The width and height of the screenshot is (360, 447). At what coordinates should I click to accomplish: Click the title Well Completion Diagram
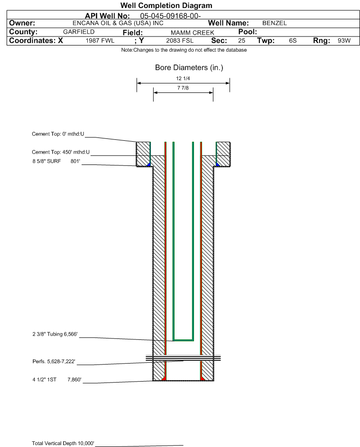166,5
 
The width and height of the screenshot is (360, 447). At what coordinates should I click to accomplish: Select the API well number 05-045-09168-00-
171,16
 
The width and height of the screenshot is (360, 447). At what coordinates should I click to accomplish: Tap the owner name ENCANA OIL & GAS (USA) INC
118,23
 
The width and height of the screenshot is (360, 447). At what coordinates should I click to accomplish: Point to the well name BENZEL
275,23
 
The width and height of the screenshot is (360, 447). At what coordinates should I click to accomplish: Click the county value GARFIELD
79,32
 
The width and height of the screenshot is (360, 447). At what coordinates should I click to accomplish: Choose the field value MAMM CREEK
192,33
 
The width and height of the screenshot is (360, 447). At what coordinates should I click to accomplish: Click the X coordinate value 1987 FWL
100,40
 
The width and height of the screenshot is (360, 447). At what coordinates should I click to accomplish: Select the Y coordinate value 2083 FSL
180,40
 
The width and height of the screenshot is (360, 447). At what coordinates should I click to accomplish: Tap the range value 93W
344,40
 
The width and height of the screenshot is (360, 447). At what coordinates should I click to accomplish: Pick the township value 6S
293,40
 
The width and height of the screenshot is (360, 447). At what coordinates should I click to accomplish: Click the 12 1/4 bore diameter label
183,78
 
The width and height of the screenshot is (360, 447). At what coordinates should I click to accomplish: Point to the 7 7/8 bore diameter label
183,88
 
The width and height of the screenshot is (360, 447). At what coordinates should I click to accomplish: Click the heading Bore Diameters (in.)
189,68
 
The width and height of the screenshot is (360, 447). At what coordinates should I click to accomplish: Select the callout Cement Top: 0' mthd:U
58,134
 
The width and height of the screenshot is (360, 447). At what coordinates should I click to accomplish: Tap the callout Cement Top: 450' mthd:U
61,152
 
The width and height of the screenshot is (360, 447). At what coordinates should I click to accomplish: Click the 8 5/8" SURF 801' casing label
56,161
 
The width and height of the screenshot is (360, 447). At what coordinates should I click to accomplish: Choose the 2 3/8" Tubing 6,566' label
55,334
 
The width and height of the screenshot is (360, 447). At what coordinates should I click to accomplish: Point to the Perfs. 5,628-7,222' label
54,362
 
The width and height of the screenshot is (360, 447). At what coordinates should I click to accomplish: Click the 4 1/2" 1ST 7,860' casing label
57,380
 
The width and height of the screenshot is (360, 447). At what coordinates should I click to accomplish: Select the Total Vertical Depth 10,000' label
63,443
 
